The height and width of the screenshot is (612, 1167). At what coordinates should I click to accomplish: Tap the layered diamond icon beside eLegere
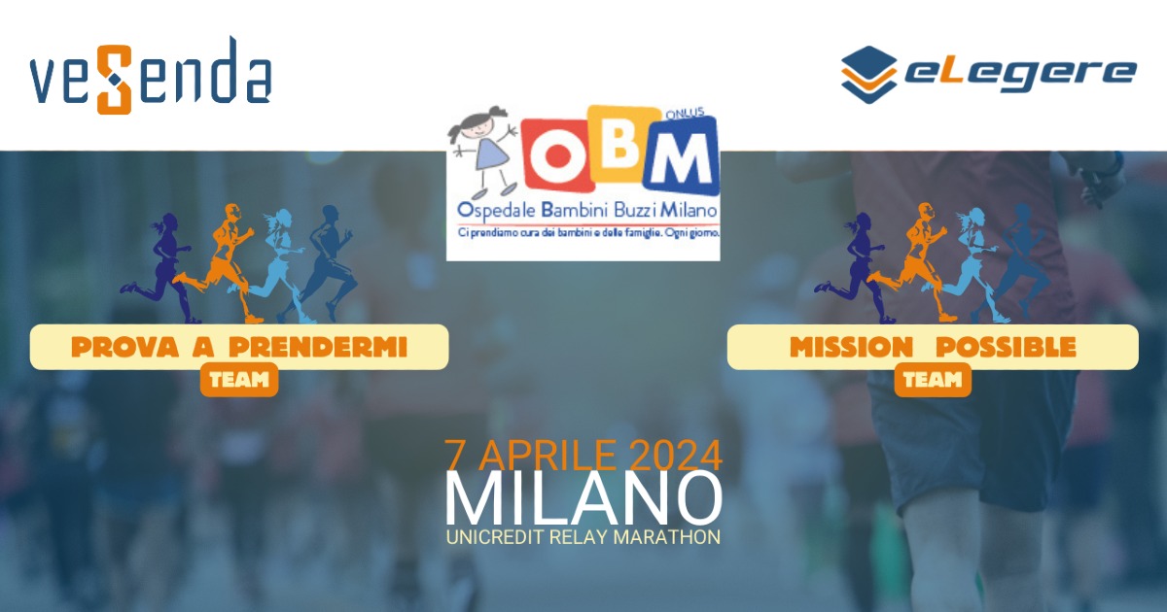click(x=868, y=75)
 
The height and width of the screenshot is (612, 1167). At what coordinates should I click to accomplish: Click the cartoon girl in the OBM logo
click(x=483, y=152)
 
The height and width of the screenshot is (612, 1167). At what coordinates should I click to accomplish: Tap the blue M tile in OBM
click(x=682, y=155)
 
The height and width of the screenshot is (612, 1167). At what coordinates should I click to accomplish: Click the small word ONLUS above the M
click(x=685, y=114)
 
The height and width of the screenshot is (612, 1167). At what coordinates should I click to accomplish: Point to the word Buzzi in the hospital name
click(x=636, y=210)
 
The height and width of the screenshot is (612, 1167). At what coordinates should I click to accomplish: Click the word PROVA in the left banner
click(x=124, y=347)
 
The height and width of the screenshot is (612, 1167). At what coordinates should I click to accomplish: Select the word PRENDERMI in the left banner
click(x=318, y=347)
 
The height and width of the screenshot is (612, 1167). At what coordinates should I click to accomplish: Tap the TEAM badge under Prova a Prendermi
click(x=239, y=380)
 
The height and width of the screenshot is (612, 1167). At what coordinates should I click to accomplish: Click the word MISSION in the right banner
click(x=851, y=347)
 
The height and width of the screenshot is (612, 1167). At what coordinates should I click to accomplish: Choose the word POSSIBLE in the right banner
click(x=1006, y=347)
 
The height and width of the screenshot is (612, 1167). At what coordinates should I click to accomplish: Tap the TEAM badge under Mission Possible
click(x=933, y=380)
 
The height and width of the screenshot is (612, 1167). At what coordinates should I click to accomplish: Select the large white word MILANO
click(x=583, y=498)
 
